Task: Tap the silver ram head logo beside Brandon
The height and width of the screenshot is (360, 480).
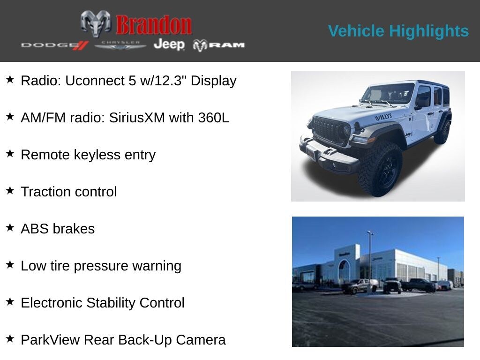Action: tap(96, 23)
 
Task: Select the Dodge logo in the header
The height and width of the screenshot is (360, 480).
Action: tap(54, 45)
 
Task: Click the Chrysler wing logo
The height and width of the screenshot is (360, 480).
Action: tap(120, 45)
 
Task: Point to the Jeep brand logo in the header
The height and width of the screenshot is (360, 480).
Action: tap(169, 45)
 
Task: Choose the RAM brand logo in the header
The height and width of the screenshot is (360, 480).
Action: tap(219, 45)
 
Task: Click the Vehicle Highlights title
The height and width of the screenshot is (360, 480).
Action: tap(398, 31)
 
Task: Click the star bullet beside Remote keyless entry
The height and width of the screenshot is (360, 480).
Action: tap(10, 154)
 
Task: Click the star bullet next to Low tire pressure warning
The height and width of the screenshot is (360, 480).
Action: tap(10, 265)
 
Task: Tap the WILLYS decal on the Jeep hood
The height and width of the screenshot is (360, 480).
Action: tap(383, 117)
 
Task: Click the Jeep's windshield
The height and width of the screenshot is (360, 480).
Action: tap(388, 93)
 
